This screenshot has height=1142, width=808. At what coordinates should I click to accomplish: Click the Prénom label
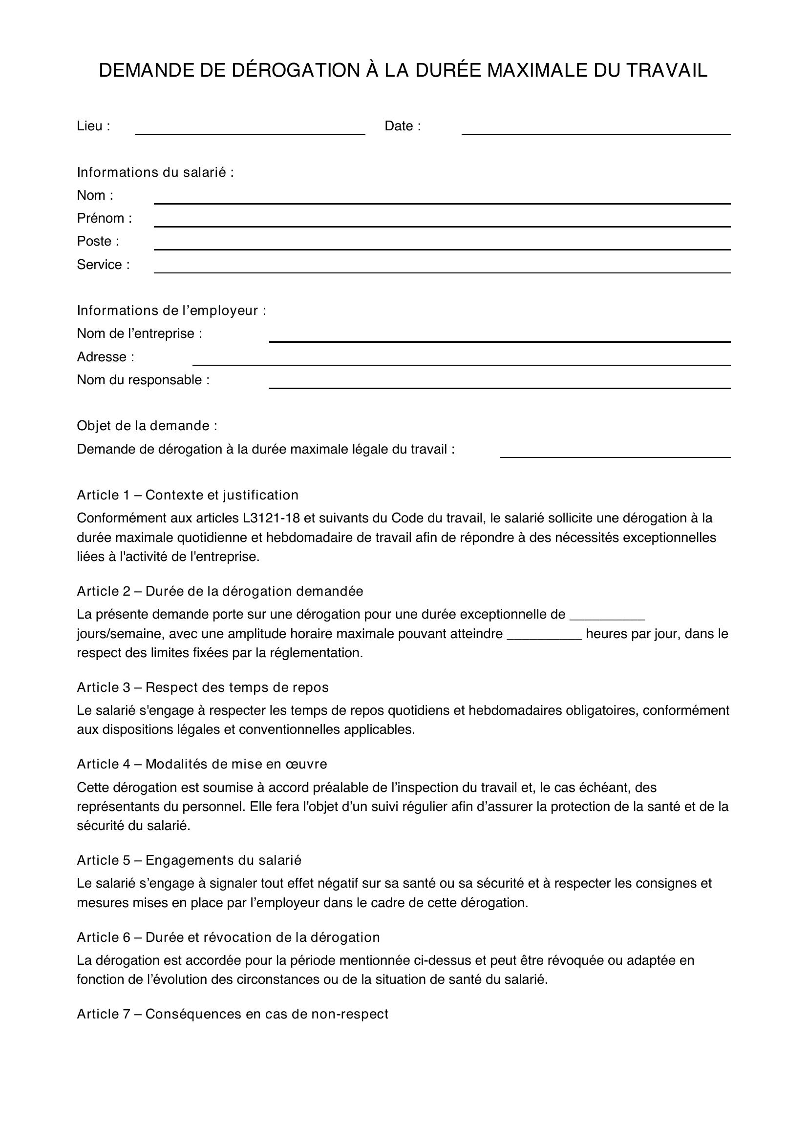tap(104, 218)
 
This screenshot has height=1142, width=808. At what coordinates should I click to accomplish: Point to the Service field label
tap(103, 265)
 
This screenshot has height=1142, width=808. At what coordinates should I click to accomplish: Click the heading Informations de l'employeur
tap(171, 311)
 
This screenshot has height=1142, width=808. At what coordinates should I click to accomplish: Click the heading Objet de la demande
tap(147, 426)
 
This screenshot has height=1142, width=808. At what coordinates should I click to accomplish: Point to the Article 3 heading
tap(203, 687)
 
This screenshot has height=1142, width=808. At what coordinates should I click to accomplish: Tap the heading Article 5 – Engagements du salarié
tap(189, 860)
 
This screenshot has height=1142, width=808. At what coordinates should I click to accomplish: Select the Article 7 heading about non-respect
tap(233, 1014)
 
